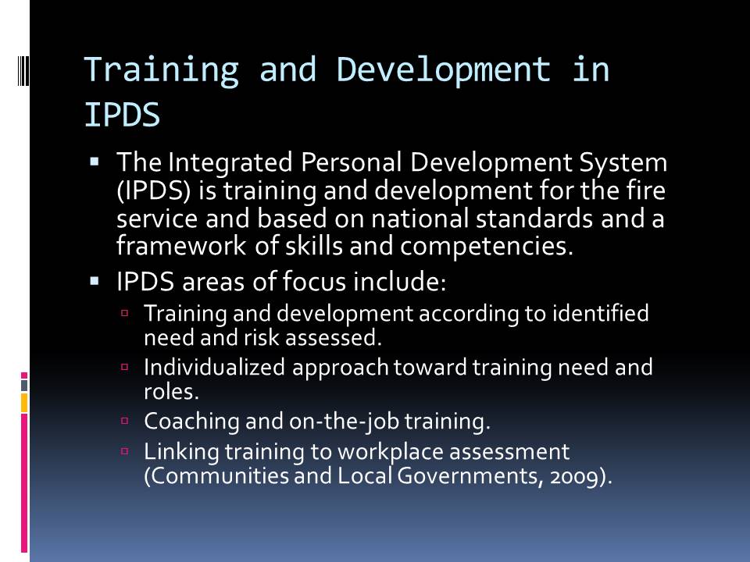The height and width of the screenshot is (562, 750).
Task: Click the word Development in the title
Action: pyautogui.click(x=444, y=69)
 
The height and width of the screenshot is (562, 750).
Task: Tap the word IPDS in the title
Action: pyautogui.click(x=122, y=116)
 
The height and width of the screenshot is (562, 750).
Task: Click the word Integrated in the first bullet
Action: pyautogui.click(x=230, y=163)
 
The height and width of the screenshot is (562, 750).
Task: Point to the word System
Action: pyautogui.click(x=623, y=163)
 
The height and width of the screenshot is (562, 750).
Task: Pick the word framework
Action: pyautogui.click(x=181, y=246)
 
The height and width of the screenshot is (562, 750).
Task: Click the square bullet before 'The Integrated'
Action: pyautogui.click(x=95, y=162)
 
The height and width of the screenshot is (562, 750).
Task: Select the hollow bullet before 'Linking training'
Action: pyautogui.click(x=125, y=450)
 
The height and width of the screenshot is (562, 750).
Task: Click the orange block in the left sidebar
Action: pyautogui.click(x=24, y=403)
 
